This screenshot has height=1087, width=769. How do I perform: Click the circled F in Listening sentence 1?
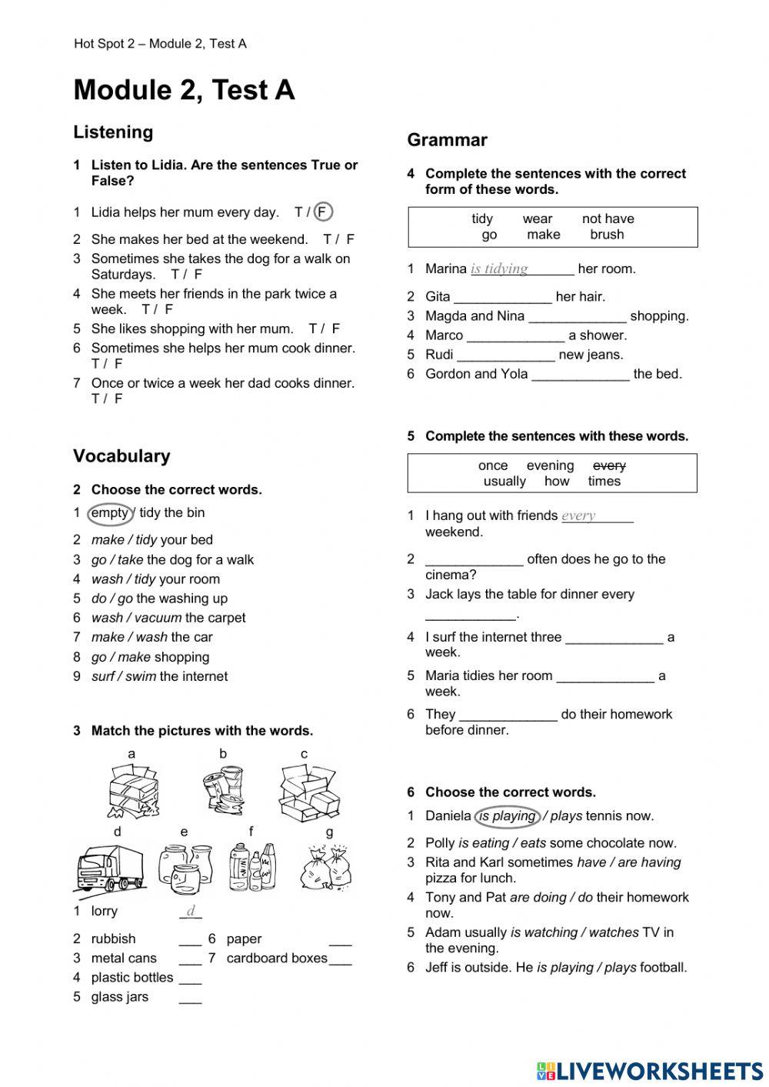[323, 212]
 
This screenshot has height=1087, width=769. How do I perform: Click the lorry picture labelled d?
[109, 868]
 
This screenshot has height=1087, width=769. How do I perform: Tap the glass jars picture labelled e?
[185, 867]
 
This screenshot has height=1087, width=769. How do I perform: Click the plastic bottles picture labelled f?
[252, 867]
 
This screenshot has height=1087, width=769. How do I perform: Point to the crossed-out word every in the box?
[609, 465]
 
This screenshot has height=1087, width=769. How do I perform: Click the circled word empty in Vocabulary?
[110, 513]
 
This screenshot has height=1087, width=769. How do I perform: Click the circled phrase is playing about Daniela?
[508, 815]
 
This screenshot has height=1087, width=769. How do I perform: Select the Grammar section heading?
[447, 140]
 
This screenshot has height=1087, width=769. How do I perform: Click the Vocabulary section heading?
[122, 455]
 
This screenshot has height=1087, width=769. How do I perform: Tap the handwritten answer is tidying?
[499, 268]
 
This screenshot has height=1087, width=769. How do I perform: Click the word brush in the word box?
[607, 235]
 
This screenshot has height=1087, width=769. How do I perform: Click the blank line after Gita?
[502, 297]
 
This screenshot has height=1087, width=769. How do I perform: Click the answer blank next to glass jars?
[190, 997]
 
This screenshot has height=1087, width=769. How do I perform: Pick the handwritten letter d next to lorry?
[191, 912]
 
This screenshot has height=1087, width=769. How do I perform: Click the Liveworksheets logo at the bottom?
[649, 1071]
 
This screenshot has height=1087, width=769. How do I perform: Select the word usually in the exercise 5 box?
[504, 482]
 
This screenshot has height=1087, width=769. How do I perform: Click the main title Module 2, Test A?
[184, 90]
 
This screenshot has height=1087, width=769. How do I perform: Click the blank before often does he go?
[474, 560]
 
